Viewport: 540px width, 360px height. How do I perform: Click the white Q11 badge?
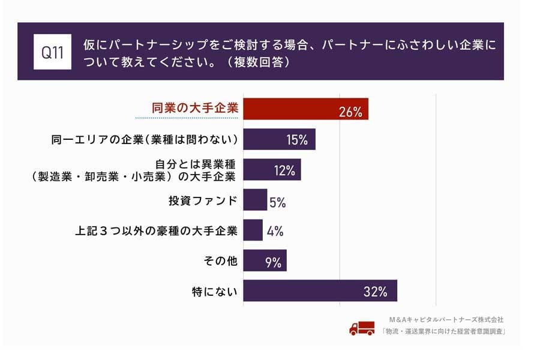tap(52, 52)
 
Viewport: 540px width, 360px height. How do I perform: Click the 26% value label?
tap(350, 111)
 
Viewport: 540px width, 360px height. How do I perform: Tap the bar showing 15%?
tap(279, 140)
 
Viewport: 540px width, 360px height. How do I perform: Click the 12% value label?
tap(284, 170)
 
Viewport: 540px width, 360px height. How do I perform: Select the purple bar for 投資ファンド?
tap(255, 200)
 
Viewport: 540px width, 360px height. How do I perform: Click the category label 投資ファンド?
tap(203, 200)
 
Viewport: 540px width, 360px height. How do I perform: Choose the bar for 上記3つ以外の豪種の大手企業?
tap(253, 230)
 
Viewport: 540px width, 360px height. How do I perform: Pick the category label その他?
tap(221, 261)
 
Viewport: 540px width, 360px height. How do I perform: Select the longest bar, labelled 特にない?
tap(320, 291)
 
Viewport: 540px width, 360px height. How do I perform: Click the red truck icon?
tap(362, 328)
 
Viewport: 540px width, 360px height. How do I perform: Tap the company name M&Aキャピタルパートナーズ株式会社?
tap(446, 320)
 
